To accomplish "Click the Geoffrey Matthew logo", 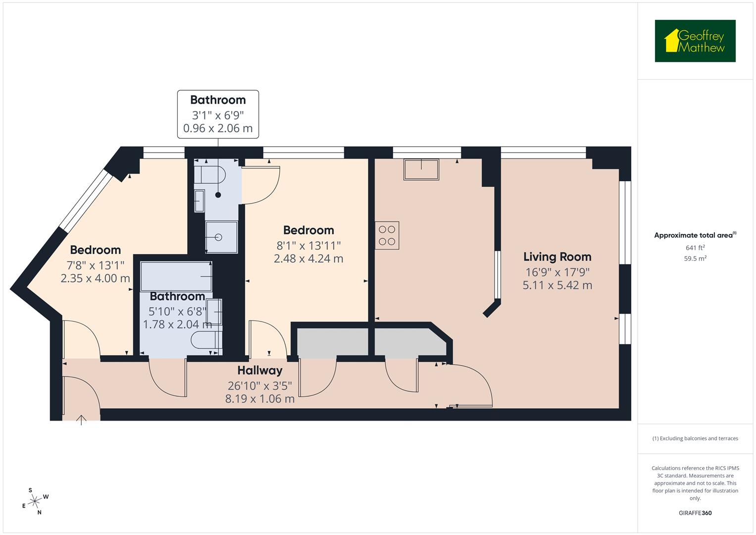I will [x=695, y=41].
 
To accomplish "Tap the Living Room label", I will [x=557, y=257].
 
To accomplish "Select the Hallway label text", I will [x=259, y=371].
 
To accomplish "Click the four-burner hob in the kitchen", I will [x=387, y=235].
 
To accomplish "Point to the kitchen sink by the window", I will [x=421, y=169].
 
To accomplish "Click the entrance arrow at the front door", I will [x=81, y=420].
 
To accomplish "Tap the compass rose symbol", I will [x=35, y=501].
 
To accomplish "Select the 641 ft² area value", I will [x=695, y=248].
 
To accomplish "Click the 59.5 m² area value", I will [x=695, y=258].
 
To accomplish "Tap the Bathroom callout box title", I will [x=218, y=100].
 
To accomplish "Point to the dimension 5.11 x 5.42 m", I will [x=557, y=285].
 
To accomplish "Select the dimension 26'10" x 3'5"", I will [x=259, y=385].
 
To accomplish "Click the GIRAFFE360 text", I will [x=695, y=513].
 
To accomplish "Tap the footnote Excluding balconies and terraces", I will [x=695, y=438].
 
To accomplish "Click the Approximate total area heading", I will [x=693, y=235].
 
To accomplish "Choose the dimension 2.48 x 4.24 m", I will [x=308, y=259].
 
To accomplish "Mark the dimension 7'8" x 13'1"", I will [x=95, y=265].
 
